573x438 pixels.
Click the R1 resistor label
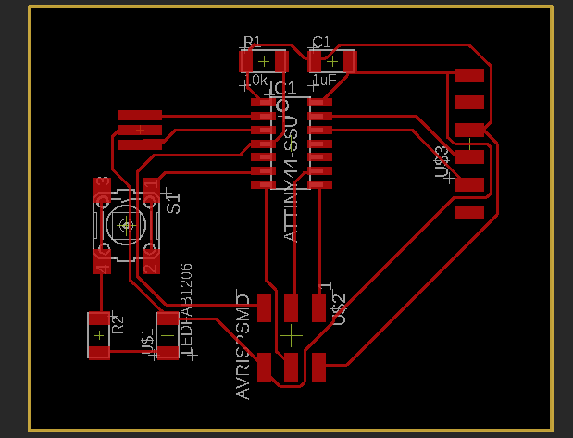253,42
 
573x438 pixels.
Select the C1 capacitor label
321,42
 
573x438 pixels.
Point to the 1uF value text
324,81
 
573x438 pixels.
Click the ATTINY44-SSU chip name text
291,181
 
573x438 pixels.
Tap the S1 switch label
173,202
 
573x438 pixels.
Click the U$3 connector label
442,162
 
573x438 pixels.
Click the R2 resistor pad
98,335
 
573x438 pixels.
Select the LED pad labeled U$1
168,336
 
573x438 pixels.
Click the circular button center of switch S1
124,224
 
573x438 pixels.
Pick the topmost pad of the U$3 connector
470,75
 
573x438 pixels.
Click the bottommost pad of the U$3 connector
470,213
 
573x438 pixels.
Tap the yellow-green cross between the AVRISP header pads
292,332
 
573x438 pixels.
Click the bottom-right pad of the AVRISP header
320,368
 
